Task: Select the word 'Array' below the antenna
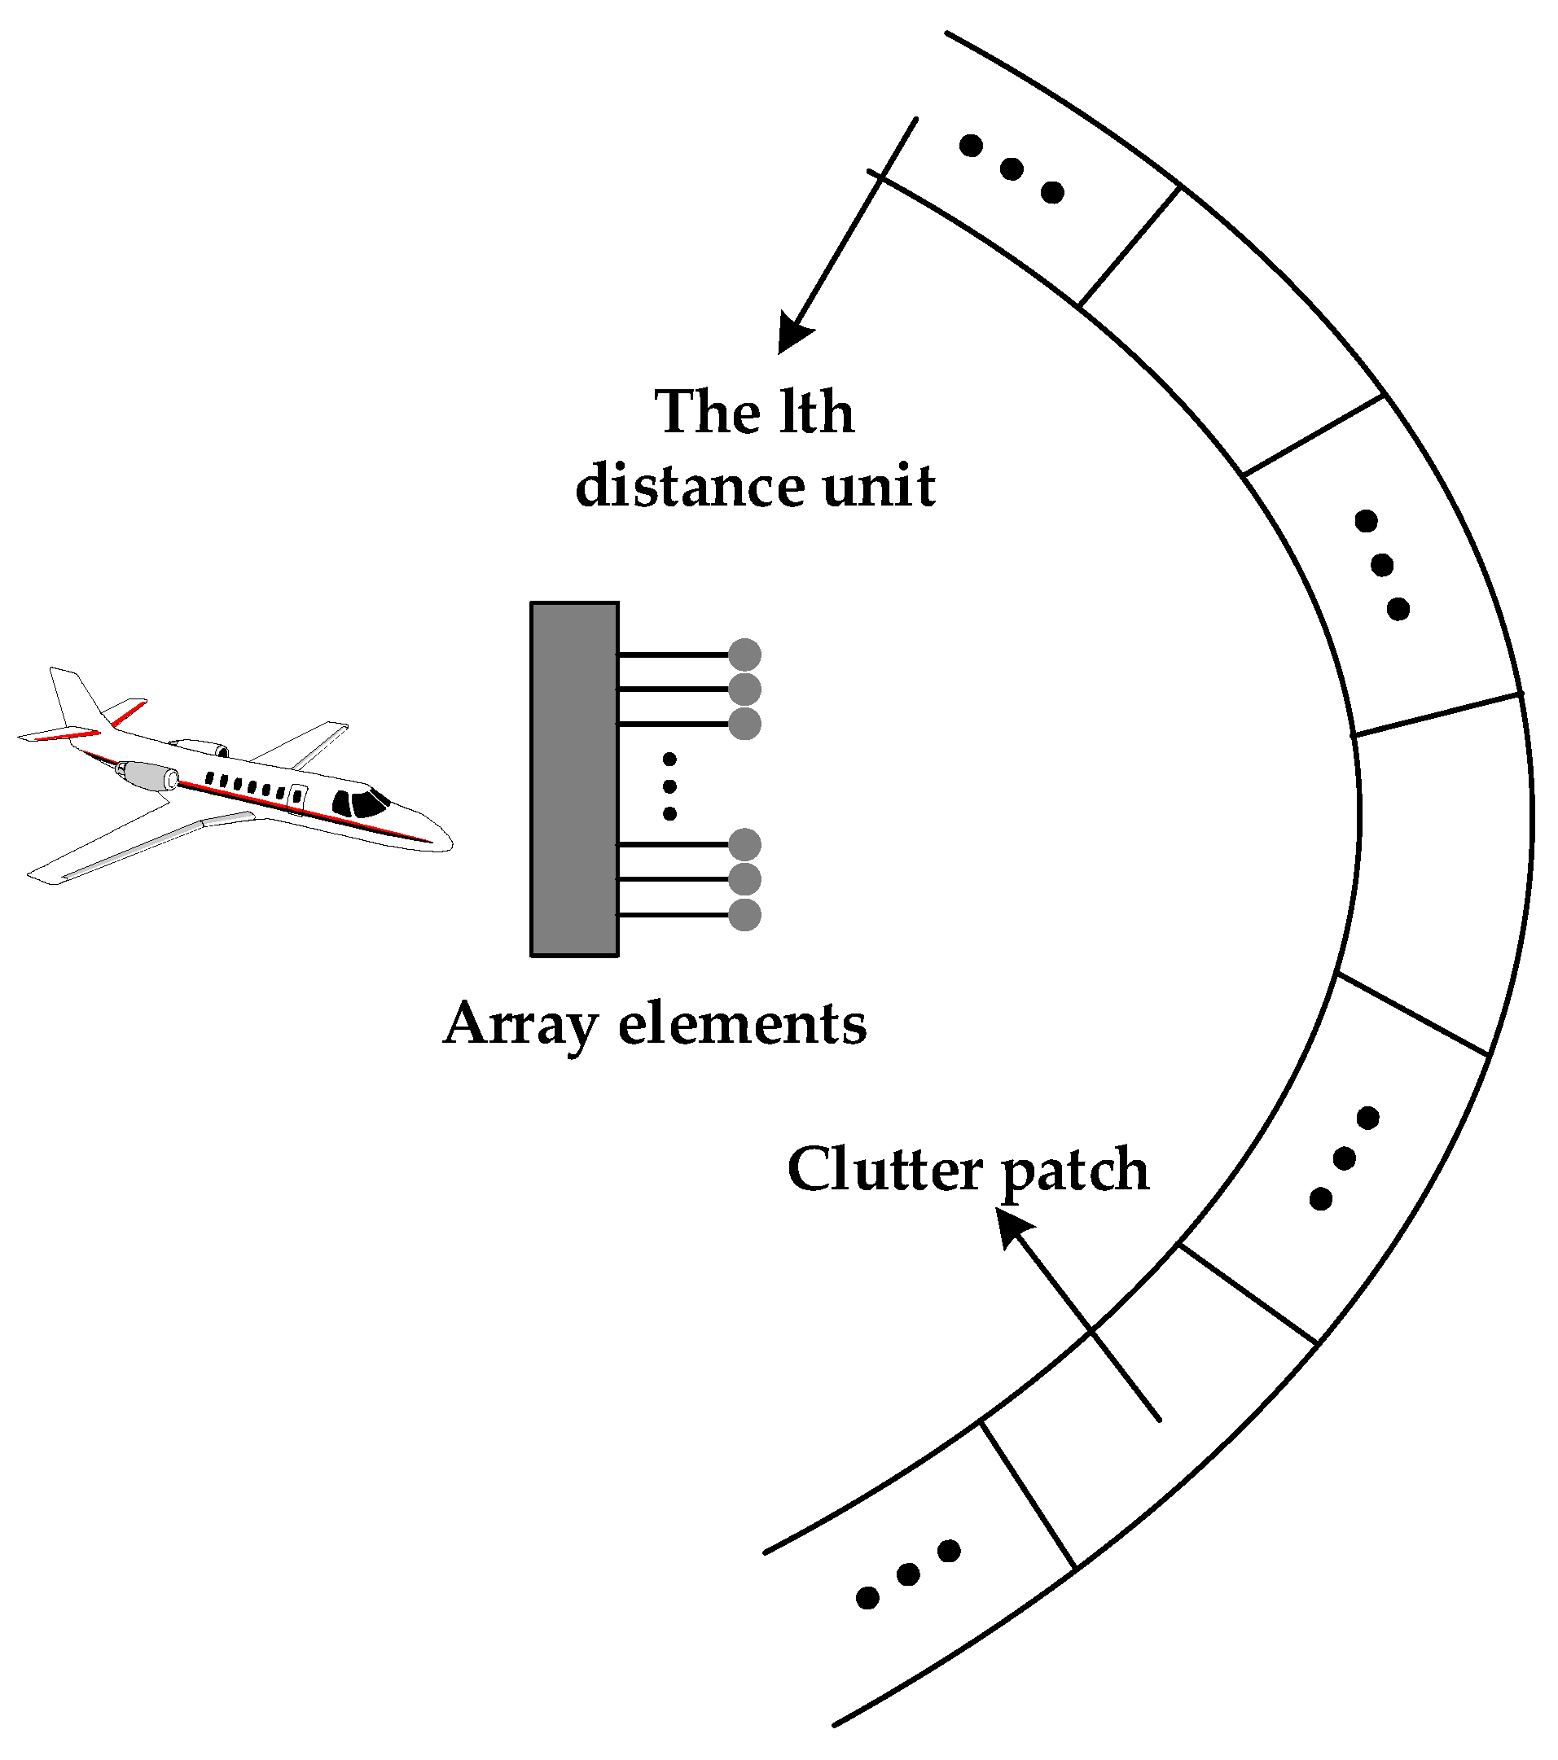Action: click(x=520, y=1026)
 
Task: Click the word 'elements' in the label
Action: click(x=743, y=1024)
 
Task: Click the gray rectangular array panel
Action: click(x=573, y=779)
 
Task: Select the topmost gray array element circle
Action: click(x=744, y=655)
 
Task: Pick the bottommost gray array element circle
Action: click(x=744, y=914)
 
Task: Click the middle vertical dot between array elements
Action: click(x=669, y=786)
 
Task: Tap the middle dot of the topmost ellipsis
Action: click(x=1011, y=169)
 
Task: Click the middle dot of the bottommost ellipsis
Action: click(x=908, y=1574)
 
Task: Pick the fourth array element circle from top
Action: click(x=744, y=845)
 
